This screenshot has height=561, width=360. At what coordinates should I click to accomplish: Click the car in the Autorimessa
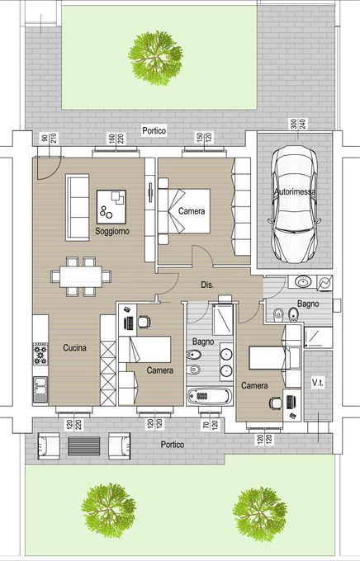pyautogui.click(x=294, y=205)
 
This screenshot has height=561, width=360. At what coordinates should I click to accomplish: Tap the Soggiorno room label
pyautogui.click(x=112, y=231)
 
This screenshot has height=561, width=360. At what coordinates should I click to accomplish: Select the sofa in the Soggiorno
pyautogui.click(x=78, y=208)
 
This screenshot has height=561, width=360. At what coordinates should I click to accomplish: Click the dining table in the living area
pyautogui.click(x=81, y=276)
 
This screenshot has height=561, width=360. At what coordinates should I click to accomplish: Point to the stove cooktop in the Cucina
pyautogui.click(x=40, y=354)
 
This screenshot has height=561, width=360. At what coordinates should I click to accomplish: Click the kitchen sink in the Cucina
pyautogui.click(x=40, y=389)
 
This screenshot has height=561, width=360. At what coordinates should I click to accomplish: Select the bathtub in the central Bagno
pyautogui.click(x=210, y=397)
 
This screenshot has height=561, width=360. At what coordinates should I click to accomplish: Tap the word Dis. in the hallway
pyautogui.click(x=207, y=285)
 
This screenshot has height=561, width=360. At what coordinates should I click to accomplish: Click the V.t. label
pyautogui.click(x=317, y=383)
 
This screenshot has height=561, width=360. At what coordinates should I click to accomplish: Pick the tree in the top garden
pyautogui.click(x=155, y=59)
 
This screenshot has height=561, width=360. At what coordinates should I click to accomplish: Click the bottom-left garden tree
pyautogui.click(x=108, y=511)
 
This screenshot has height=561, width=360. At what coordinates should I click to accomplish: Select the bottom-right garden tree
pyautogui.click(x=260, y=514)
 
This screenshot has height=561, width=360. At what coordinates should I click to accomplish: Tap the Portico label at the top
pyautogui.click(x=154, y=130)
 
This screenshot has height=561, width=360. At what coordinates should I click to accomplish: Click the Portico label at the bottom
pyautogui.click(x=173, y=445)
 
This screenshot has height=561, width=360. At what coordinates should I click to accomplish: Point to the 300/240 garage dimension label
pyautogui.click(x=298, y=124)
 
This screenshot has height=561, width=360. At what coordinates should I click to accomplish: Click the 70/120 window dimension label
pyautogui.click(x=211, y=425)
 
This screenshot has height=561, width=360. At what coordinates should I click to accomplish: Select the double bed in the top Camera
pyautogui.click(x=184, y=211)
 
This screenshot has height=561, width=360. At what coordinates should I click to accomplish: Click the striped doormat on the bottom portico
pyautogui.click(x=84, y=446)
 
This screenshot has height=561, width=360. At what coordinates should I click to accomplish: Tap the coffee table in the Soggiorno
pyautogui.click(x=111, y=207)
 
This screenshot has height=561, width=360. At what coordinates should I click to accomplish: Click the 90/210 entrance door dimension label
pyautogui.click(x=50, y=139)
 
